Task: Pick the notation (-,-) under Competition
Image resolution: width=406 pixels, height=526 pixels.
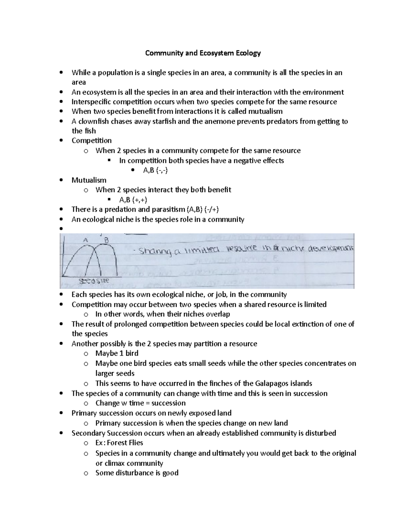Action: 160,170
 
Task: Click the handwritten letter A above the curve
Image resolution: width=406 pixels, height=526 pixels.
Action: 86,240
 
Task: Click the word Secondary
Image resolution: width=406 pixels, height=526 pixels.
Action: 88,433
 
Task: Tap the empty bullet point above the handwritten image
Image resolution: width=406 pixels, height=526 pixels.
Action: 61,229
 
